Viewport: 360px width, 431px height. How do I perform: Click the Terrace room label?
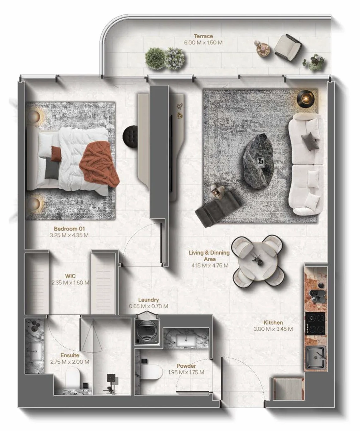pos(203,36)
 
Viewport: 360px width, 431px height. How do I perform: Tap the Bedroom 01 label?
pos(69,229)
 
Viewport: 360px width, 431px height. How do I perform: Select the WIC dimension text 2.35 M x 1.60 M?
pos(70,282)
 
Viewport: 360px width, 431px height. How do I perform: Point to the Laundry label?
pos(149,300)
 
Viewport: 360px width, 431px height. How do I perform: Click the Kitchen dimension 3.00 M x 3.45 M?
pos(273,329)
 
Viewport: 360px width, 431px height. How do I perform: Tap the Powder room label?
pos(186,366)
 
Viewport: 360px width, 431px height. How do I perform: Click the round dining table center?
pos(258,261)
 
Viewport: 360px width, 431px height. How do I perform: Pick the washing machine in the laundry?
pos(147,332)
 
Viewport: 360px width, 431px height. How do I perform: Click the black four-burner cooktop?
pos(316,324)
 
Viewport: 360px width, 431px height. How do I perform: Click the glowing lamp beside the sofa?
pos(306,99)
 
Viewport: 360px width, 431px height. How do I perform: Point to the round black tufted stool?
pos(130,136)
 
